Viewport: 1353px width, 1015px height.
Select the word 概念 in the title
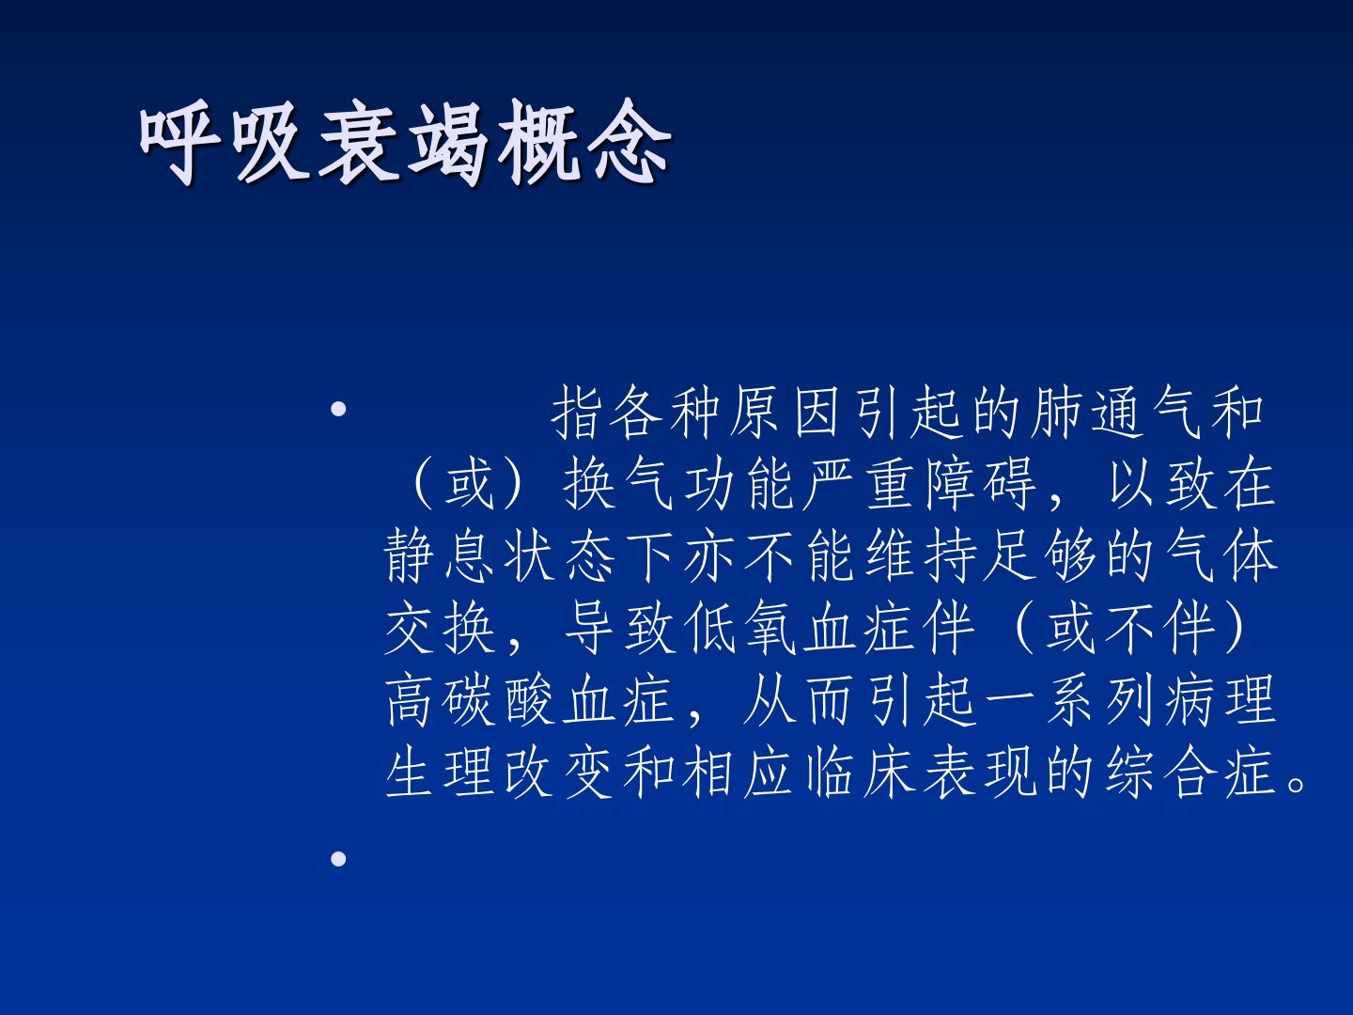(x=583, y=142)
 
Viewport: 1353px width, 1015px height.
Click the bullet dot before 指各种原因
(x=338, y=409)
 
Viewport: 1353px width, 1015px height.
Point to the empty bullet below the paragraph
(x=338, y=858)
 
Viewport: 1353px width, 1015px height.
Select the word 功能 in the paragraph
(x=739, y=484)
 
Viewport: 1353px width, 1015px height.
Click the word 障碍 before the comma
(x=980, y=484)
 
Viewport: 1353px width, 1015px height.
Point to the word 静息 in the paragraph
(x=440, y=556)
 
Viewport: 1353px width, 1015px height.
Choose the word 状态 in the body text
(x=560, y=556)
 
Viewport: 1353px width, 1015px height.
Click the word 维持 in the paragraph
(x=921, y=556)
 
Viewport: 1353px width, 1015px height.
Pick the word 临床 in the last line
(x=861, y=773)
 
